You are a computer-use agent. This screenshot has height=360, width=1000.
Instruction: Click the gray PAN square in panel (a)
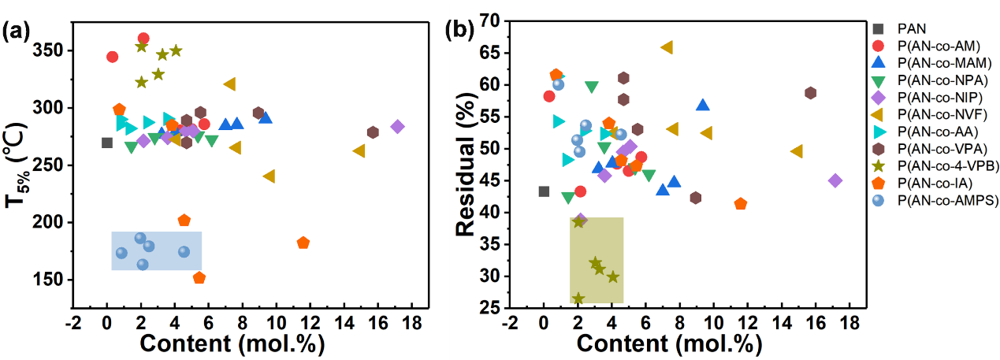pos(107,143)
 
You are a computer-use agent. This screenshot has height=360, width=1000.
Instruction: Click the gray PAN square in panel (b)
pos(544,191)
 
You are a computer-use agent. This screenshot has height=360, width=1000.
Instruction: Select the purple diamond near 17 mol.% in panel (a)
pos(397,127)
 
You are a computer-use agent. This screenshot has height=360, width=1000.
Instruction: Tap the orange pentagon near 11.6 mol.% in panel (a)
pos(303,243)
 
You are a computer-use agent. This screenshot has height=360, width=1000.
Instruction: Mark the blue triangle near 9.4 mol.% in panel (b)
pos(702,106)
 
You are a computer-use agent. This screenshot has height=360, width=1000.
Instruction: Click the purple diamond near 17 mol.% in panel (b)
pos(835,180)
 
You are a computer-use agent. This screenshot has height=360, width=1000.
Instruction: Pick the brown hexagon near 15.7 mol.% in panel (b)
pos(810,93)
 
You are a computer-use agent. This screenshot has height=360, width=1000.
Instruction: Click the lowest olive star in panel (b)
pos(578,299)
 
